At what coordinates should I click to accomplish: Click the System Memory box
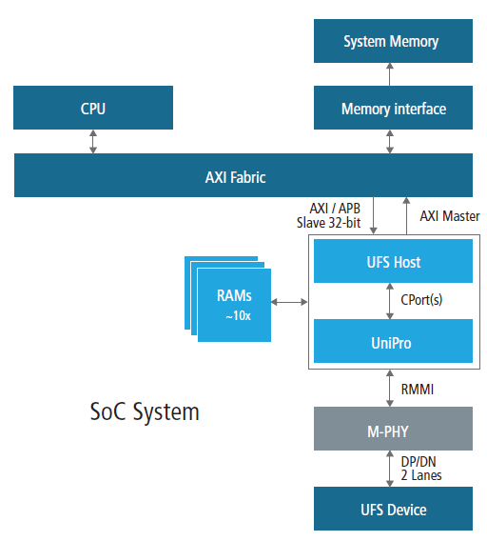[393, 41]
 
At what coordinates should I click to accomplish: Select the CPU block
[93, 108]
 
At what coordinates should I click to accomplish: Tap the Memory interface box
[393, 108]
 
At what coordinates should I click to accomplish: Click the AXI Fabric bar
[243, 175]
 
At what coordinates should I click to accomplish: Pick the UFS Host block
[393, 261]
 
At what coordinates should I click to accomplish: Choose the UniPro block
[393, 341]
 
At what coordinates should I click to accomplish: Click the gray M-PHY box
[393, 429]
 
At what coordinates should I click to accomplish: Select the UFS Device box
[393, 509]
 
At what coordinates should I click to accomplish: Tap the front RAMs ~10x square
[234, 306]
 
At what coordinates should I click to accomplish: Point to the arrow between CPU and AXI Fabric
[93, 142]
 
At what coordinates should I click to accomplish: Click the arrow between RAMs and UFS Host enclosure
[289, 302]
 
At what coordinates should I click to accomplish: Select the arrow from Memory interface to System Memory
[390, 74]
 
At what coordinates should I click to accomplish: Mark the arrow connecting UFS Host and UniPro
[390, 301]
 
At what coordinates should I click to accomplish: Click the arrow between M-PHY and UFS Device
[390, 469]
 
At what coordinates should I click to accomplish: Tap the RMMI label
[418, 390]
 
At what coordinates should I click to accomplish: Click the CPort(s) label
[421, 300]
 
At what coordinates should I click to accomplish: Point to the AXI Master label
[450, 216]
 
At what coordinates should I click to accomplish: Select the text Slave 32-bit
[328, 223]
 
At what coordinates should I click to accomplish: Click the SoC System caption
[145, 412]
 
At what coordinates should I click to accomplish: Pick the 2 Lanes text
[421, 475]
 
